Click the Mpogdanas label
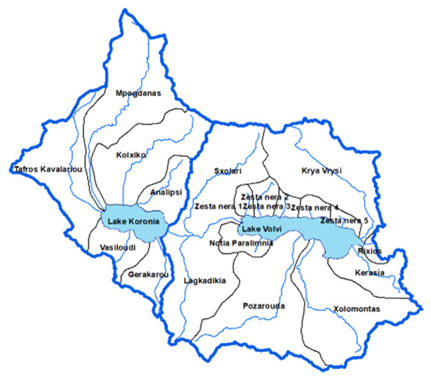(138, 93)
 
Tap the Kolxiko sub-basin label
(131, 155)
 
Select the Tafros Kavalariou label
(48, 169)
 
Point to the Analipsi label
(166, 192)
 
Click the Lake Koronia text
(133, 221)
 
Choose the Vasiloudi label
(118, 248)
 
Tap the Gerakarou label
(148, 274)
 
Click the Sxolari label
(228, 171)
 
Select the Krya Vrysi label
(321, 170)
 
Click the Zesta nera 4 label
(315, 208)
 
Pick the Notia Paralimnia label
(241, 243)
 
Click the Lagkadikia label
(205, 281)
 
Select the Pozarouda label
(264, 306)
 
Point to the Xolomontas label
(357, 309)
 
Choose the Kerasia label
(370, 273)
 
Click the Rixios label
(370, 251)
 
